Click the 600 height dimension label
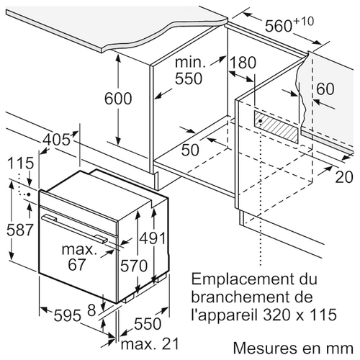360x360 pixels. point(118,99)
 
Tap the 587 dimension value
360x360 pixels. point(19,230)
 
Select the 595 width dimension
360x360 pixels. point(68,315)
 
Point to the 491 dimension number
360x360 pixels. point(153,238)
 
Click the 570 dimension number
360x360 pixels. point(134,266)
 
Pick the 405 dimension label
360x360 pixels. point(57,140)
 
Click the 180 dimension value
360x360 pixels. point(243,63)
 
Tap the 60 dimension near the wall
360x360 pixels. point(325,89)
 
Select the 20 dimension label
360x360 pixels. point(344,177)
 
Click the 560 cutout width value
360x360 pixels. point(279,26)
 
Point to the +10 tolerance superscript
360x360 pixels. point(303,22)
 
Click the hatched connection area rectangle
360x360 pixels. point(276,127)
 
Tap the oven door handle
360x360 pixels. point(74,228)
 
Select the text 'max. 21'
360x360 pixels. point(150,343)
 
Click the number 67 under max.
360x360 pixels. point(76,264)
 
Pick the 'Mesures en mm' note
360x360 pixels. point(293,348)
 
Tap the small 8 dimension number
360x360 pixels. point(91,310)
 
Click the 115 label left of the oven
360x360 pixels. point(21,163)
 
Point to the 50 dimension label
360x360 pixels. point(190,150)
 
